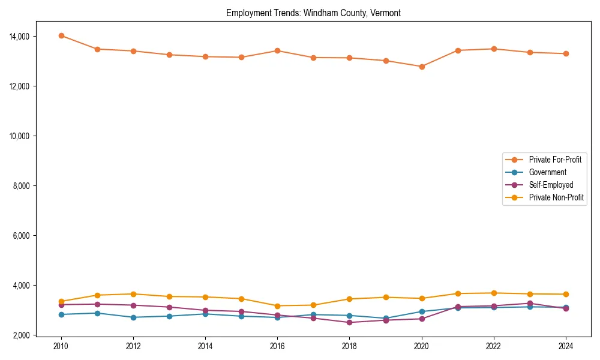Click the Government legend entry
(547, 172)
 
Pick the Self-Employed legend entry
(551, 185)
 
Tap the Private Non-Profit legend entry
(556, 197)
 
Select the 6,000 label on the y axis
(21, 236)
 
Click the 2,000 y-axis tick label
(21, 335)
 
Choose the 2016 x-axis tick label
(277, 346)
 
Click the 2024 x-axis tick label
(566, 346)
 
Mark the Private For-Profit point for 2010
(61, 35)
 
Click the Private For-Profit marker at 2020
(422, 67)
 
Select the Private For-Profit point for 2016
(277, 50)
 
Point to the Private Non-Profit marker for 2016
(277, 306)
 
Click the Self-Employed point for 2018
(349, 322)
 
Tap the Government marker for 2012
(133, 317)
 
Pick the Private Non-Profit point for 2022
(494, 293)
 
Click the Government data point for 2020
(422, 311)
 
